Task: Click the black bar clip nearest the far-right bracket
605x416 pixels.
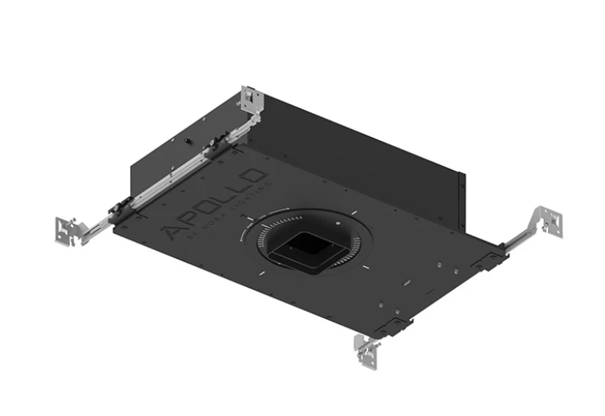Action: (x=491, y=258)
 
